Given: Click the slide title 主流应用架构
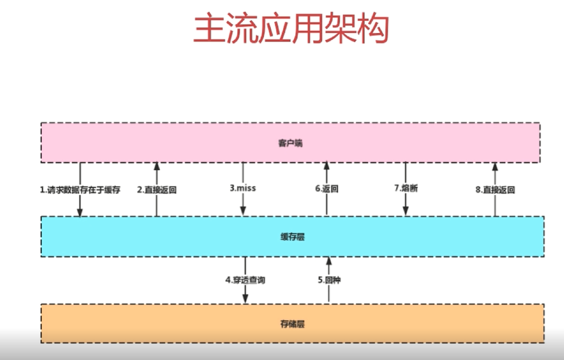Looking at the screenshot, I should pyautogui.click(x=290, y=29).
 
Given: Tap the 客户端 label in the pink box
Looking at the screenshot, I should pyautogui.click(x=290, y=143).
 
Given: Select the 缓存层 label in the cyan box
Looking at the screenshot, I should pyautogui.click(x=292, y=237).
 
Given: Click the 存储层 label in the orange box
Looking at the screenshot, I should pyautogui.click(x=292, y=324).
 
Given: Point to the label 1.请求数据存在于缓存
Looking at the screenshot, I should pyautogui.click(x=80, y=190).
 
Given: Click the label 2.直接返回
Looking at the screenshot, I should pyautogui.click(x=157, y=190).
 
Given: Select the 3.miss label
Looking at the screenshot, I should pyautogui.click(x=243, y=188).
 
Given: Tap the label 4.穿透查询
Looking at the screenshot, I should pyautogui.click(x=245, y=279).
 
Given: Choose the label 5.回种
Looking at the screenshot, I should pyautogui.click(x=328, y=279).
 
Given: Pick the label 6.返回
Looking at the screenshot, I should pyautogui.click(x=326, y=189).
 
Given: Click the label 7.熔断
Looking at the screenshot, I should pyautogui.click(x=406, y=188).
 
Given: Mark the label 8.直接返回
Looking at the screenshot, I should pyautogui.click(x=495, y=190).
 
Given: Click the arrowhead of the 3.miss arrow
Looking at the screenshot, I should pyautogui.click(x=243, y=211).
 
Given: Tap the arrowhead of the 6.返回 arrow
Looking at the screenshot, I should pyautogui.click(x=326, y=166).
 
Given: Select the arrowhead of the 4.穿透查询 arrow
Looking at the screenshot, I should pyautogui.click(x=245, y=300).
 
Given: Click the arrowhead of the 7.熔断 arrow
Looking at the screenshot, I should pyautogui.click(x=406, y=211).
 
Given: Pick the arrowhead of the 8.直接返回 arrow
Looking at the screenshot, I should pyautogui.click(x=495, y=166).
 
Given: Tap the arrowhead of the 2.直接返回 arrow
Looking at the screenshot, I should pyautogui.click(x=157, y=166).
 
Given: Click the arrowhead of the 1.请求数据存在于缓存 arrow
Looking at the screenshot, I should pyautogui.click(x=80, y=212).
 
